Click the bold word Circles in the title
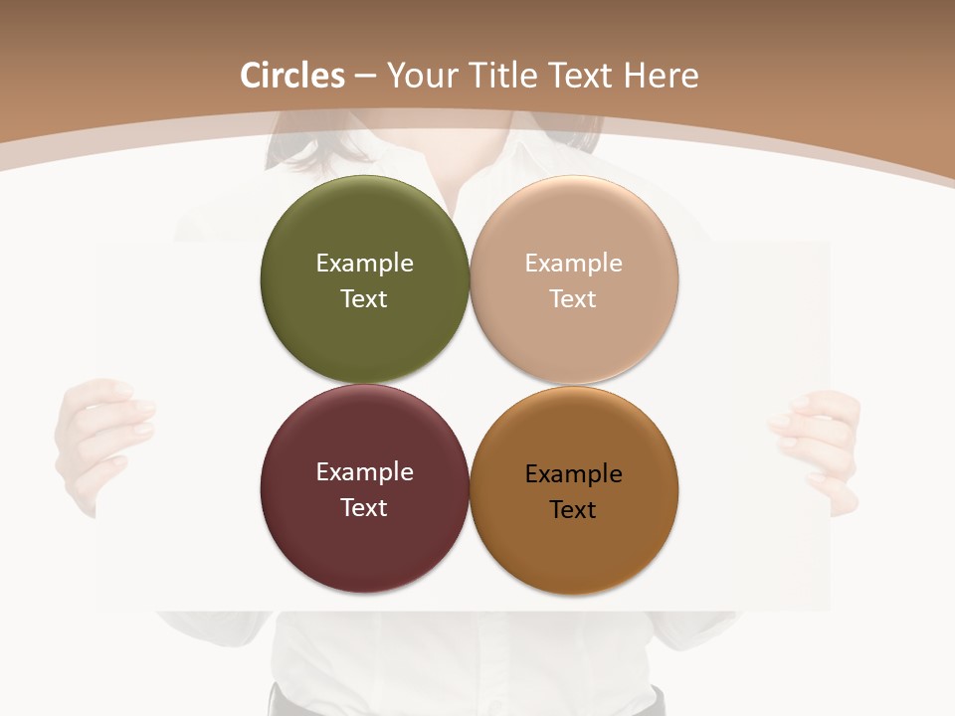coord(292,76)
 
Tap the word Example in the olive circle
coord(364,263)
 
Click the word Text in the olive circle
coord(364,298)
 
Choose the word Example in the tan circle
coord(573,263)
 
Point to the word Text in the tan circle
coord(573,298)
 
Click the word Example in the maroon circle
coord(364,471)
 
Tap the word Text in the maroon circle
coord(364,507)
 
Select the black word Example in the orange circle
coord(573,473)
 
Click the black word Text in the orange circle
coord(573,509)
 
